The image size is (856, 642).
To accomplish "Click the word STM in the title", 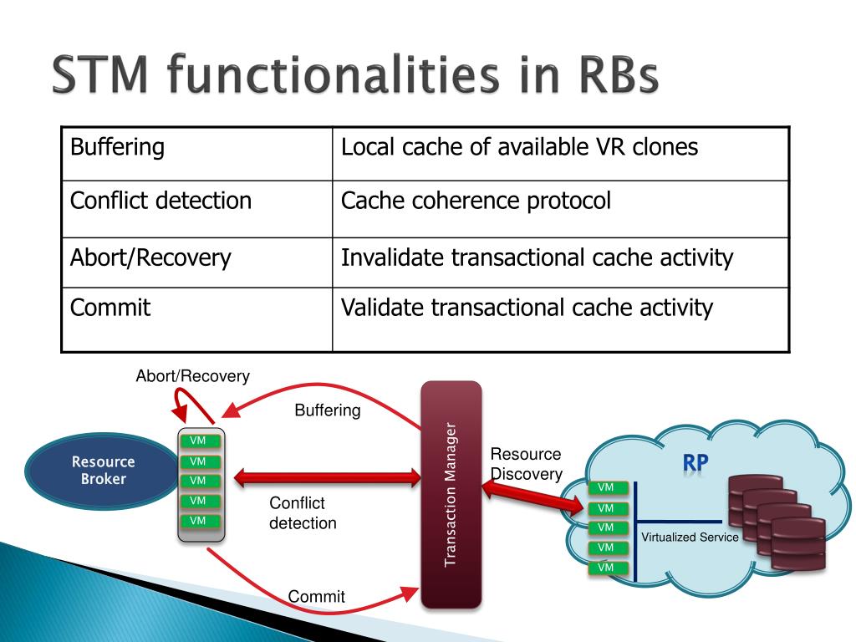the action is (x=100, y=74).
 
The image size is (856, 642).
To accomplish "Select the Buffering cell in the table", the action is (x=197, y=154).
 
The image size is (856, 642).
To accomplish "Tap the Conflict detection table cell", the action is (x=197, y=209).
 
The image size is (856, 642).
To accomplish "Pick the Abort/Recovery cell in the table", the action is (x=197, y=262).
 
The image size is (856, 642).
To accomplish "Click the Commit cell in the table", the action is (x=197, y=319).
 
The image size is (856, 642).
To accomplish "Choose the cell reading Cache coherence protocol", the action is (x=561, y=209).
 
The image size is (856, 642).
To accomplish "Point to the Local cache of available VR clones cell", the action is (x=561, y=154).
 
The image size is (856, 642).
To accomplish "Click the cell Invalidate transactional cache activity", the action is (x=561, y=262).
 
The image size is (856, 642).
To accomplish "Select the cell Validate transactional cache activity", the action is (x=561, y=319).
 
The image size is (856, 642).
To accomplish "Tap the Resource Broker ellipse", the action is (x=103, y=471).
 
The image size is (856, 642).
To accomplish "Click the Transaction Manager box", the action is (x=451, y=495).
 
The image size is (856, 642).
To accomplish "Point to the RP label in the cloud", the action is (x=695, y=463).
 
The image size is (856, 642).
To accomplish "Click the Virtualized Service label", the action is (x=690, y=538).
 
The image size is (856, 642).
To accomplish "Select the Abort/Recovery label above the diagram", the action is (x=193, y=376).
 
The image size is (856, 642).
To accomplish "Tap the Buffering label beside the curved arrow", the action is (x=328, y=410).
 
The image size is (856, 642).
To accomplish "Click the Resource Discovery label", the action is (x=527, y=464).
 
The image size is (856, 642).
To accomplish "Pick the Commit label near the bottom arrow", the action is (x=316, y=596).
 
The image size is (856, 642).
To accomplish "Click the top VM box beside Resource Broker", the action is (x=200, y=441).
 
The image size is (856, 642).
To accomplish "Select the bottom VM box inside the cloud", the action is (x=608, y=568).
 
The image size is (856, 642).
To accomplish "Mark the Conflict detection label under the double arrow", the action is (x=303, y=512).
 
